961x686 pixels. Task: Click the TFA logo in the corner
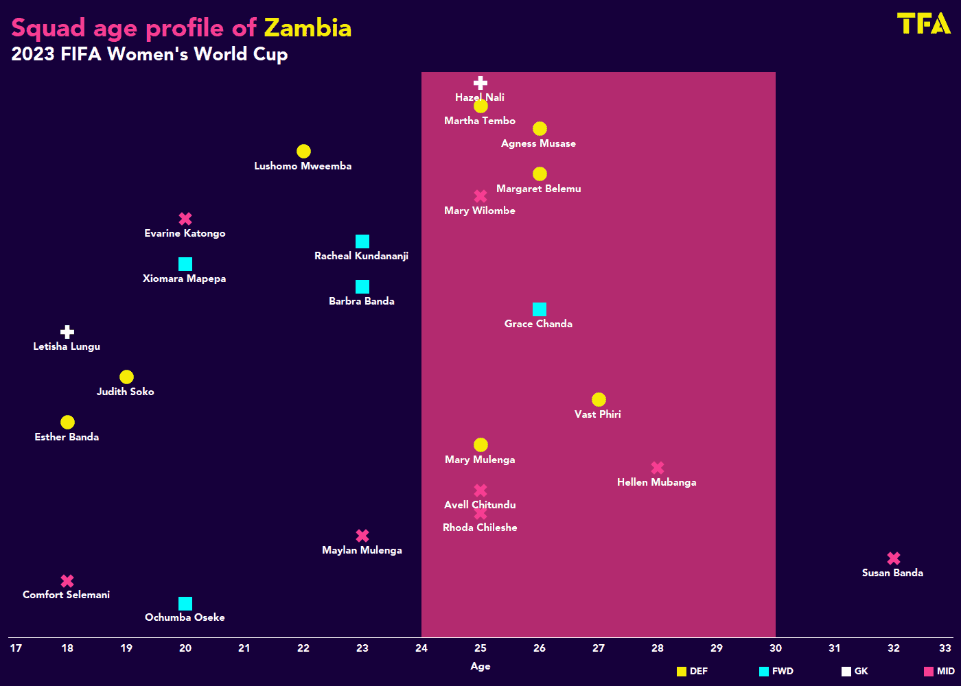923,23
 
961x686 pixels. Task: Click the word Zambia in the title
308,28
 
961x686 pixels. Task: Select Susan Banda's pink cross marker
893,558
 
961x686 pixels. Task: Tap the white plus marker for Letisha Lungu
67,332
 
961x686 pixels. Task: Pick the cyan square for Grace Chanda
540,309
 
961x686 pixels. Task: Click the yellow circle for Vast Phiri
599,399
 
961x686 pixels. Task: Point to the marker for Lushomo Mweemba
303,151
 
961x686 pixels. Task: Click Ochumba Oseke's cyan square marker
185,604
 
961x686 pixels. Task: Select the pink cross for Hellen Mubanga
658,468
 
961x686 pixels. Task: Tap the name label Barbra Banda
362,301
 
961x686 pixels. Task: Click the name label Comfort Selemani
67,595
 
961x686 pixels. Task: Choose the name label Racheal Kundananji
362,256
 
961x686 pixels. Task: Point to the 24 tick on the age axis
421,648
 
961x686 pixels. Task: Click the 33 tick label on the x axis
945,648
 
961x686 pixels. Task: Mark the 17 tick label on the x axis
16,648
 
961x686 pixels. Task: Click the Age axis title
480,666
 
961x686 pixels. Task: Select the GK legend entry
855,672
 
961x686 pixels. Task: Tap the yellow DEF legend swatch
682,672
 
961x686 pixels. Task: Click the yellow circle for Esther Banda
67,422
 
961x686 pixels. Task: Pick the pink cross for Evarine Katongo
185,219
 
